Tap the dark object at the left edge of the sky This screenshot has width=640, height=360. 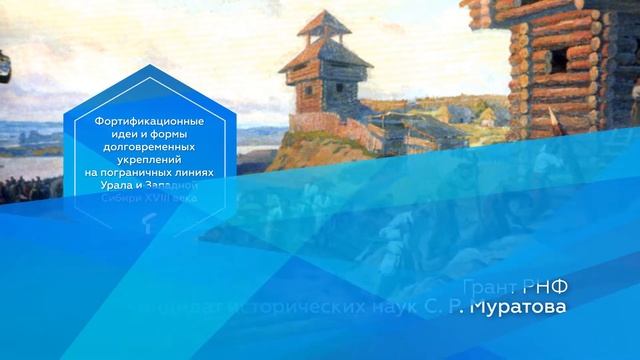coord(5,69)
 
